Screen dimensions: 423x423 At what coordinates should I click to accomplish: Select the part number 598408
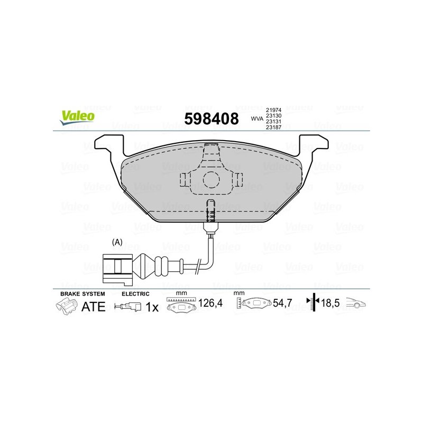[211, 117]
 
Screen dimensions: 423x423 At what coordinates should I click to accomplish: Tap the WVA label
[258, 118]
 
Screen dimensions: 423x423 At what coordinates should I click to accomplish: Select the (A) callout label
[117, 242]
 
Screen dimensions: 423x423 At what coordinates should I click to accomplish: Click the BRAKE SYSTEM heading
[82, 293]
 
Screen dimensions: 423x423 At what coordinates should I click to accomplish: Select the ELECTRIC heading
[136, 293]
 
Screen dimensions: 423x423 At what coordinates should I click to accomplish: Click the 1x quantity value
[152, 307]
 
